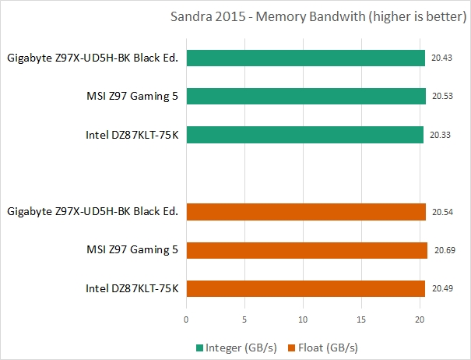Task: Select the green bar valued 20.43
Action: point(305,58)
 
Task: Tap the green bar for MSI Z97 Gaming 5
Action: point(306,96)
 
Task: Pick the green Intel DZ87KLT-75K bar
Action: point(304,134)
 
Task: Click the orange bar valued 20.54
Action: point(306,211)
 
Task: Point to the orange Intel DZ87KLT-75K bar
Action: point(305,288)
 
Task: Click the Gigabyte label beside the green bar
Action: point(93,58)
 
